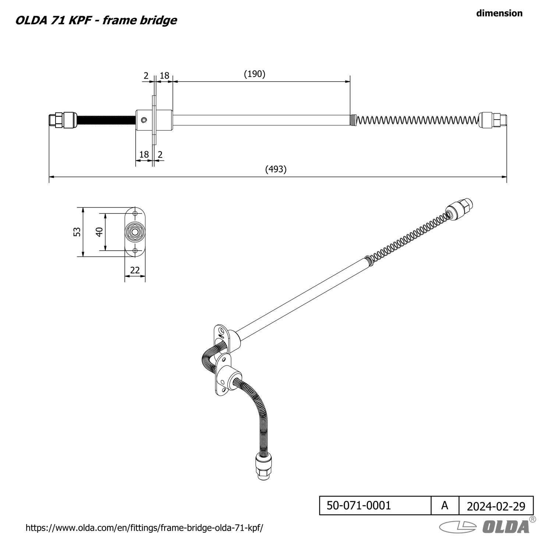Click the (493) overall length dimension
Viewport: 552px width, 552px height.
(276, 169)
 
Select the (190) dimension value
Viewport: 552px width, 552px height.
(255, 74)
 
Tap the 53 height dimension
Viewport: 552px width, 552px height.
(77, 232)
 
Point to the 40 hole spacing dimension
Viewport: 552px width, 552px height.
(99, 232)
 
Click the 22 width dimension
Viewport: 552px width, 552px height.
(135, 270)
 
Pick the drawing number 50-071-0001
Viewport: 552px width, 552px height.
(359, 505)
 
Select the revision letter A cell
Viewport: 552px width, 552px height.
(445, 505)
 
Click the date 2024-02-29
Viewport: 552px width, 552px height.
(496, 506)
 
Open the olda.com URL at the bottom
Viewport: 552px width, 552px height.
(145, 528)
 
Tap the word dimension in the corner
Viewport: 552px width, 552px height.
(499, 13)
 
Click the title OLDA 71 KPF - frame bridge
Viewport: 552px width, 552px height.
(96, 20)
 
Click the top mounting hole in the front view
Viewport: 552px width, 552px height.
(135, 213)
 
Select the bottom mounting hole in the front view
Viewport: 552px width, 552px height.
(135, 251)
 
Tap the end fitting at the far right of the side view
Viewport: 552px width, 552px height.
(493, 120)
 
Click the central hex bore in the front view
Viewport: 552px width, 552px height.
(135, 232)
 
